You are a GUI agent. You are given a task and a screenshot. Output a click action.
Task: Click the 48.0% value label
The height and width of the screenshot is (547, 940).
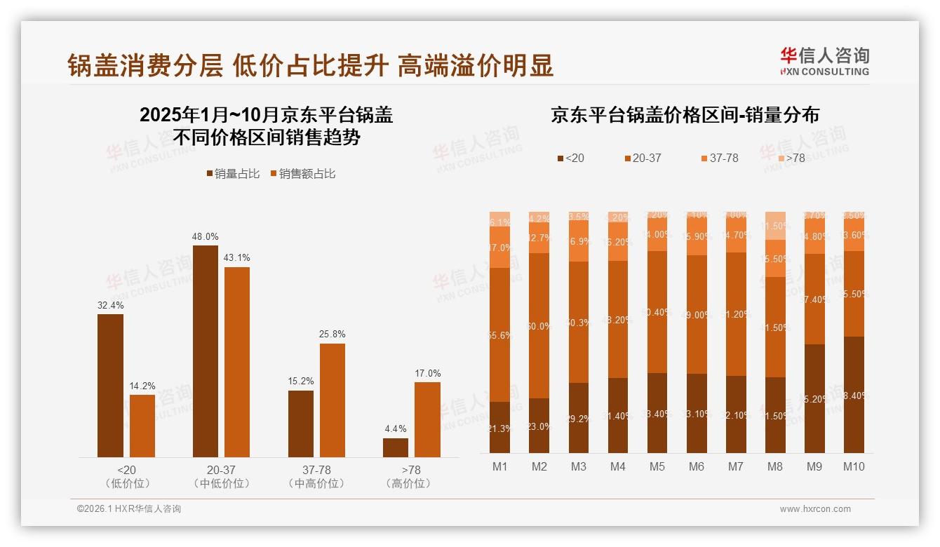205,236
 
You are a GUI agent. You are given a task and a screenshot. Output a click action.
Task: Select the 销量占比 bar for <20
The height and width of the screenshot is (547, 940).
110,386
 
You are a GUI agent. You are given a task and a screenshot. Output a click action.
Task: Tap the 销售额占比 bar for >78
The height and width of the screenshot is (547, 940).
427,419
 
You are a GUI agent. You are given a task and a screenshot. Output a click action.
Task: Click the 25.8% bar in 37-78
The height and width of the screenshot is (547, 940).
332,400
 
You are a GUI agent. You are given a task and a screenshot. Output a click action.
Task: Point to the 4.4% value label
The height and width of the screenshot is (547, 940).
396,428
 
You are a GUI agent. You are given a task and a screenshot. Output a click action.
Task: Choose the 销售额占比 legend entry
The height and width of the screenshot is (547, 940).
302,174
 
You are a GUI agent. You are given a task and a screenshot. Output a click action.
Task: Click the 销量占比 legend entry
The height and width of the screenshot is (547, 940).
233,174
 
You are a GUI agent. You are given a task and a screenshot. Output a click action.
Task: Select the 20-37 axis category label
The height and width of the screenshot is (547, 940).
221,470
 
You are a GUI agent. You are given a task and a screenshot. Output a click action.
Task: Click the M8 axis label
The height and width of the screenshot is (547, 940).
775,466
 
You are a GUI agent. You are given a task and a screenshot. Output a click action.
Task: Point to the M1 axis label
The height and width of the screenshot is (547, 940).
500,466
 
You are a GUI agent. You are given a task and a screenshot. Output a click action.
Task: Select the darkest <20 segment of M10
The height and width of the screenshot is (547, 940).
854,395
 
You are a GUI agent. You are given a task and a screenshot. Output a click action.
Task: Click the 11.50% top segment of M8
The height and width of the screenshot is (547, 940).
775,226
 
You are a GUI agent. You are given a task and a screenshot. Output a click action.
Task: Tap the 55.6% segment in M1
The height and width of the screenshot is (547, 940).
500,335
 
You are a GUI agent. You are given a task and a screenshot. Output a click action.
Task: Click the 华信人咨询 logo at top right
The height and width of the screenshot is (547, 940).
824,61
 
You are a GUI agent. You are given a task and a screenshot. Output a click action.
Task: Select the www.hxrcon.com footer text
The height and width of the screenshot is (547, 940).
814,509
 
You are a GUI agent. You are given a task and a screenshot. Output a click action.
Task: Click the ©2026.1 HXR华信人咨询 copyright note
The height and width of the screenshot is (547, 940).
129,509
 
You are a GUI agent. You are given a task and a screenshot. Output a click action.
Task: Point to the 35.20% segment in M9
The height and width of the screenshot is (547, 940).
814,398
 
